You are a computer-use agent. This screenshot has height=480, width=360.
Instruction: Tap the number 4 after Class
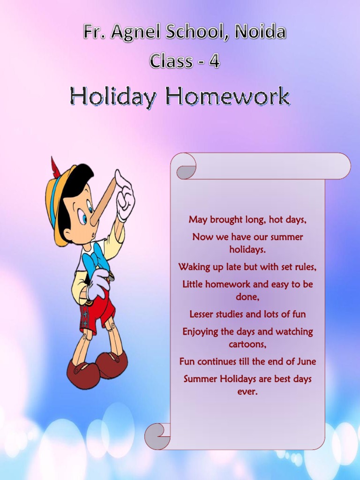[x=214, y=60]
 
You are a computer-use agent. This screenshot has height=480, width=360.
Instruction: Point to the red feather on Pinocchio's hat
[x=55, y=167]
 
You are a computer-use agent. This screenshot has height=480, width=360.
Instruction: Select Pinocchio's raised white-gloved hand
[x=124, y=195]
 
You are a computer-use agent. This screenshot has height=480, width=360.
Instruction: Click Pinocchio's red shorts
[x=98, y=309]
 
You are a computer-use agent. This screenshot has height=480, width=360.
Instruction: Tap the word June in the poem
[x=307, y=361]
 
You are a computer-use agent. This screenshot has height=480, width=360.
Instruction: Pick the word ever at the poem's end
[x=247, y=391]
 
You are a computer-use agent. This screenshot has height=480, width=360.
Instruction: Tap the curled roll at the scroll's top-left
[x=186, y=166]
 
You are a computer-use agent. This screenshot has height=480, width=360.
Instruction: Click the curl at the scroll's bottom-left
[x=157, y=436]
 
